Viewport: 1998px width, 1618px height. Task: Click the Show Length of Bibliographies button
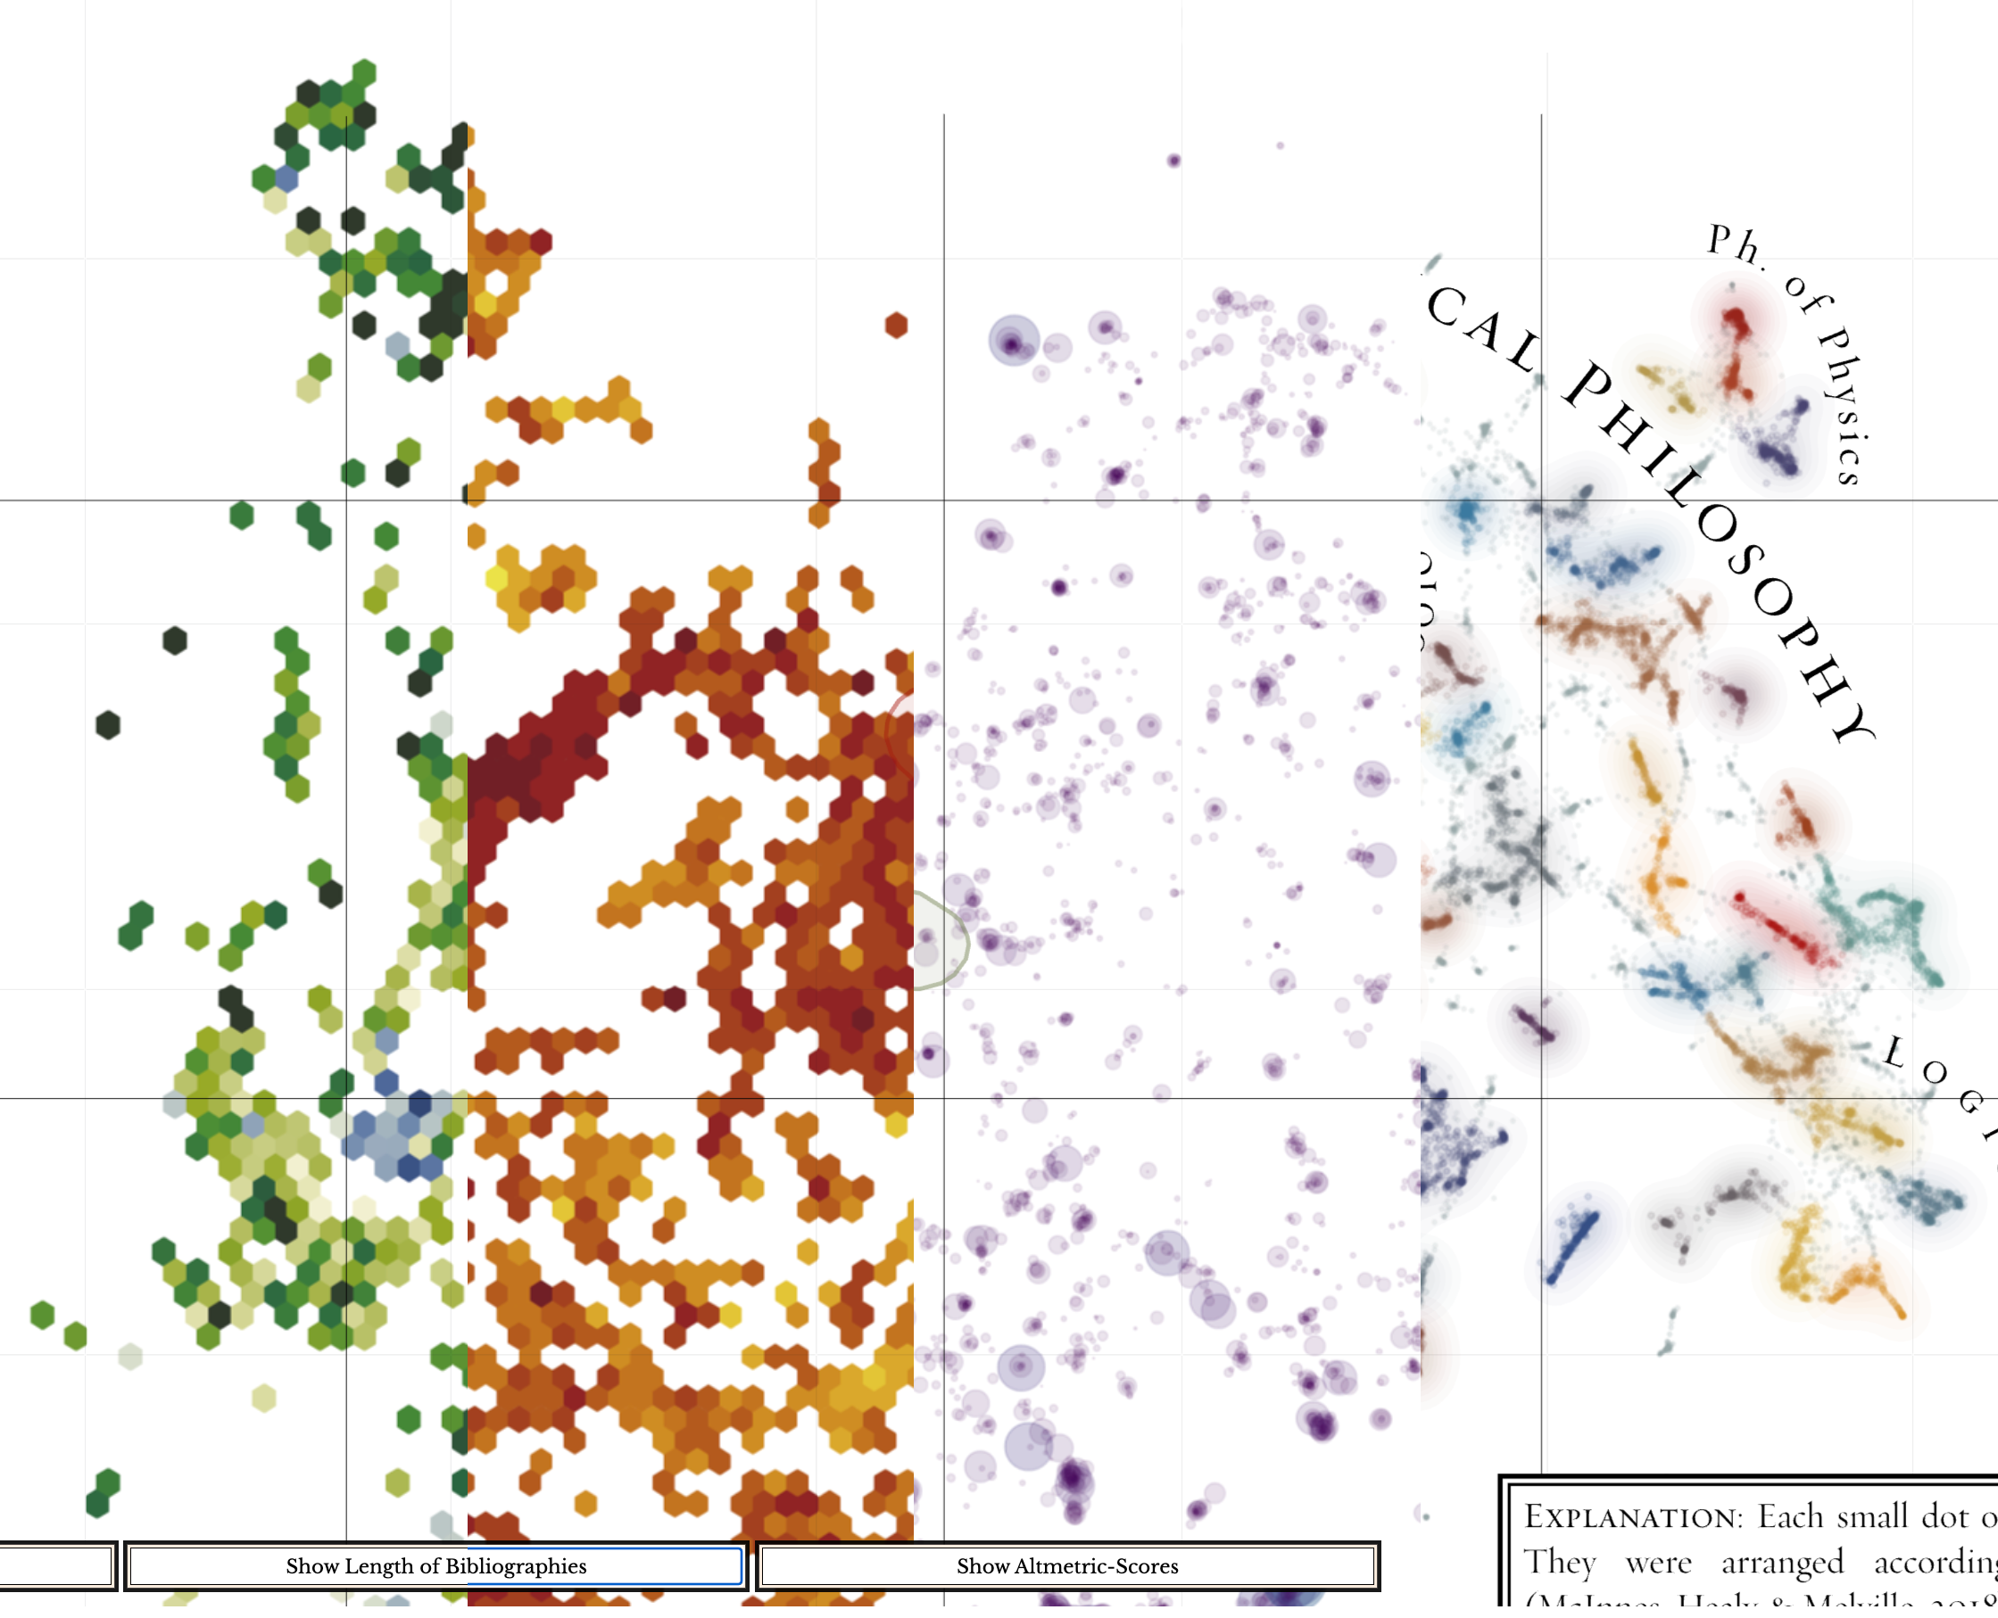tap(435, 1565)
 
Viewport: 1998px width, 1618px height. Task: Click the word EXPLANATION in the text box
tap(1631, 1517)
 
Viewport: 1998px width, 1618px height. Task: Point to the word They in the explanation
tap(1559, 1562)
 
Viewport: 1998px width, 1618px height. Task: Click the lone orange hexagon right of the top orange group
tap(896, 326)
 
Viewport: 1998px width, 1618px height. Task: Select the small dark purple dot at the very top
tap(1173, 161)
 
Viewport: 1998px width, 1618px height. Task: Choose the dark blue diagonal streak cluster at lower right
tap(1573, 1246)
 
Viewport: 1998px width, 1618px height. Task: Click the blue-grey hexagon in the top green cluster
tap(286, 178)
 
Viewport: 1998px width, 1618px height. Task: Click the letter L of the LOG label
tap(1894, 1053)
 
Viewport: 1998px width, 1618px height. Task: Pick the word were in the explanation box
tap(1658, 1562)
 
